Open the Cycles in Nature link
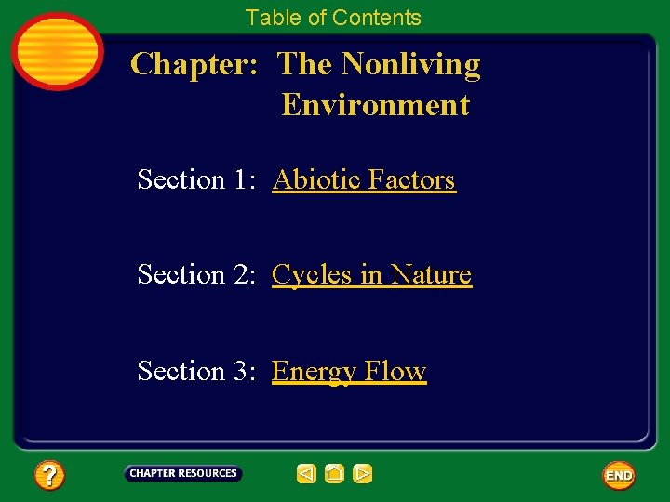tap(371, 274)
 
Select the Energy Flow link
tap(349, 371)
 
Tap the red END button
tap(619, 475)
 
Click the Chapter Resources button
tap(183, 474)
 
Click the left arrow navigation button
tap(306, 474)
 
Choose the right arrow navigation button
tap(363, 474)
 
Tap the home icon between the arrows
tap(335, 474)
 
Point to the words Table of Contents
tap(333, 18)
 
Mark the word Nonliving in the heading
tap(410, 64)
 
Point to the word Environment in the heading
tap(375, 104)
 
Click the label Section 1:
tap(194, 178)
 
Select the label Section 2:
tap(194, 274)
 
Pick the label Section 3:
tap(194, 371)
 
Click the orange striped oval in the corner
tap(58, 51)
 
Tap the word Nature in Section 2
tap(431, 274)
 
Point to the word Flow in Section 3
tap(395, 371)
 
